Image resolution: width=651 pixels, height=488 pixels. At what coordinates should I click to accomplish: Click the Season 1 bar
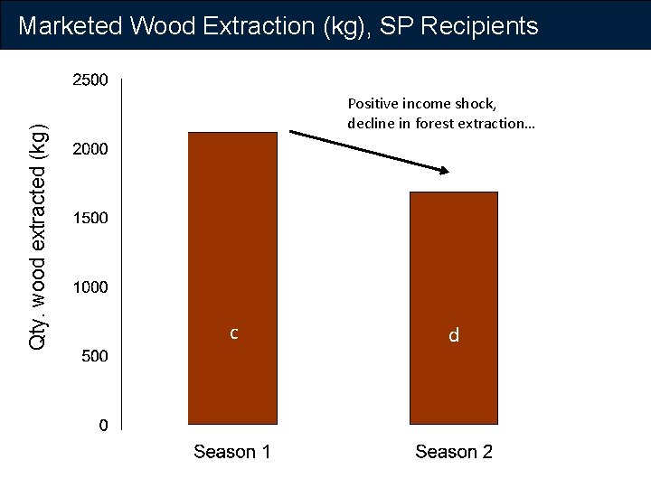click(231, 277)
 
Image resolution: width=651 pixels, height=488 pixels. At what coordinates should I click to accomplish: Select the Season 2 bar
click(454, 307)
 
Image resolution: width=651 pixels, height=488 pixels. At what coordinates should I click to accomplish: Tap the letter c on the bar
click(233, 333)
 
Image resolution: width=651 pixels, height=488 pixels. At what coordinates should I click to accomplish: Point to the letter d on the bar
click(454, 336)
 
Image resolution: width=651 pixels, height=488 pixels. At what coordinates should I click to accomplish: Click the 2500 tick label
click(90, 80)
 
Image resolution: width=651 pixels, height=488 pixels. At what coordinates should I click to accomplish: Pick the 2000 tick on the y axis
click(90, 149)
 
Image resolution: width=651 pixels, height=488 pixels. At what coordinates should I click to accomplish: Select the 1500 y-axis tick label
click(90, 218)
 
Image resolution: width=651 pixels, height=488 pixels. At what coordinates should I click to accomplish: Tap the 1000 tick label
click(90, 287)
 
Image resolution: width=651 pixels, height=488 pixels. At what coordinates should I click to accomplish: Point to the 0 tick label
click(104, 425)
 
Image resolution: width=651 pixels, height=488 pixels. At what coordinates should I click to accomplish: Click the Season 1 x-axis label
click(231, 452)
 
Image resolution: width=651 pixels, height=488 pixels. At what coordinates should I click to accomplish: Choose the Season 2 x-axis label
click(454, 452)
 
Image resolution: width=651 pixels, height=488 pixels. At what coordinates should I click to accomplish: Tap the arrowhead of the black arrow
click(444, 169)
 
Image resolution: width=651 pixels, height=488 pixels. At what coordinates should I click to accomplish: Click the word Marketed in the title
click(71, 25)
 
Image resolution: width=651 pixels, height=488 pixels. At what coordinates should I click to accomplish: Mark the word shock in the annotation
click(473, 104)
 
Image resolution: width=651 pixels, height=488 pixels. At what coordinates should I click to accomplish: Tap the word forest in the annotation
click(434, 123)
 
